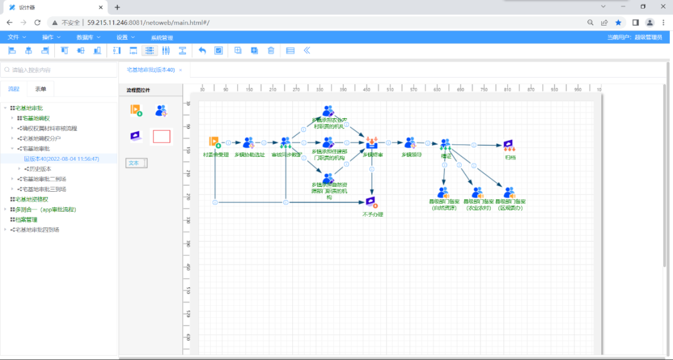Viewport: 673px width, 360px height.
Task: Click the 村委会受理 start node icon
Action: pos(214,142)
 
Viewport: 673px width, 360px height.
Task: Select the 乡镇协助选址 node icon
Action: pos(249,143)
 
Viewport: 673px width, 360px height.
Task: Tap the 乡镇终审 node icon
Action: pos(372,142)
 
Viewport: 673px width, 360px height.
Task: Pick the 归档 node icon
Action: pos(509,145)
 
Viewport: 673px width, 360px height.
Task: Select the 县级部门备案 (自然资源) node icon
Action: pos(444,192)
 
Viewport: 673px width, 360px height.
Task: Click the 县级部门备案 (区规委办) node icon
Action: pos(510,192)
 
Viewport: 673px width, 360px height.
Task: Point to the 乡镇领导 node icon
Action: pos(410,143)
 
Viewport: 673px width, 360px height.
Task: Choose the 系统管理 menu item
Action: pos(161,37)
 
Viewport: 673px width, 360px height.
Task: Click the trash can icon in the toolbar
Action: pos(271,50)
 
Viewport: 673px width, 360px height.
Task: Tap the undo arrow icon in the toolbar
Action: pos(202,50)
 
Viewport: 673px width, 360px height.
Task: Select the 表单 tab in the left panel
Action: pos(41,89)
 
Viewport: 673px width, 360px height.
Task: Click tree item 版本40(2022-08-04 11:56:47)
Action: pos(61,159)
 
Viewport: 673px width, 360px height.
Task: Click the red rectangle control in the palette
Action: pos(161,136)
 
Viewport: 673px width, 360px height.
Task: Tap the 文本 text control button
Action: pos(135,163)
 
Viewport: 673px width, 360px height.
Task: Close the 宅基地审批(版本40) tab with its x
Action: pos(181,70)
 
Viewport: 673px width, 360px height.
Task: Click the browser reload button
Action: pos(37,22)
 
